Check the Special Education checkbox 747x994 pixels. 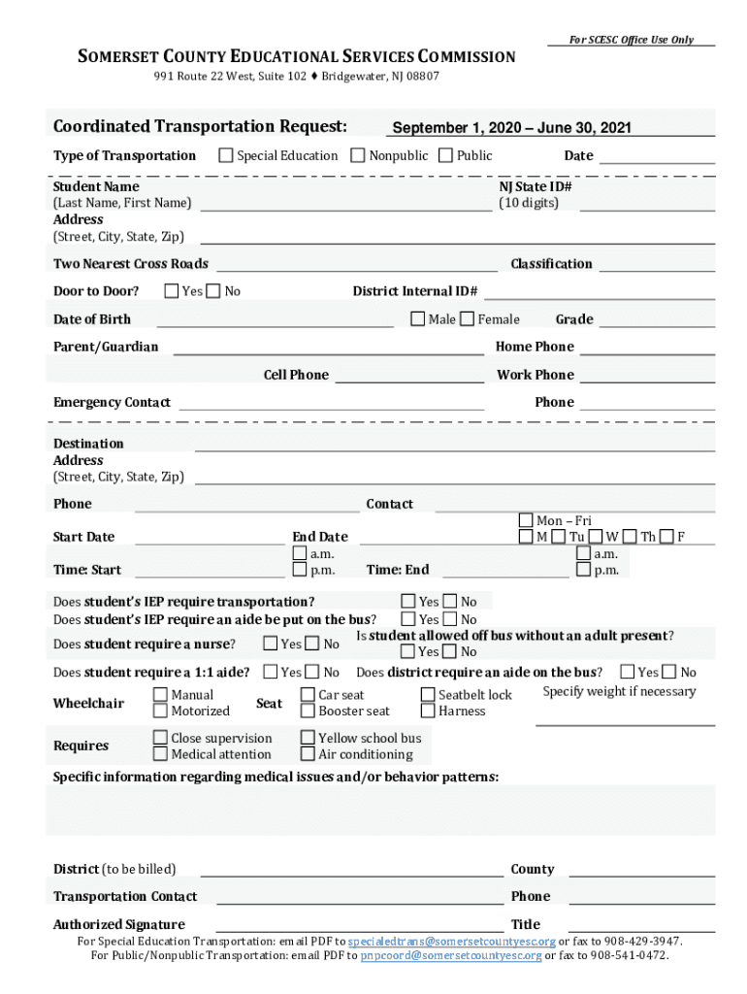[x=226, y=155]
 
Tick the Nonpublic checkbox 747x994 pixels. [x=358, y=155]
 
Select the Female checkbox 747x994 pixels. [x=468, y=318]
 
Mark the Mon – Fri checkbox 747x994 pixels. [x=526, y=521]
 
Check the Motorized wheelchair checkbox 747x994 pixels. [x=160, y=711]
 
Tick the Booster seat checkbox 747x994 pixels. [x=308, y=711]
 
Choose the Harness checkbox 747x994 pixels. [x=428, y=711]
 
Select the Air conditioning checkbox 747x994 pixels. [x=308, y=753]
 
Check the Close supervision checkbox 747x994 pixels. [x=160, y=738]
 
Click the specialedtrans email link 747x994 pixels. [x=451, y=942]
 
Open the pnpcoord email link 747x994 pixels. [x=450, y=955]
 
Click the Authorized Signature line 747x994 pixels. [x=359, y=925]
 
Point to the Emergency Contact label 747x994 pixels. [x=112, y=402]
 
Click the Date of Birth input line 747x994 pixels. [x=275, y=321]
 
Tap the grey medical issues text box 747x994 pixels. [x=380, y=810]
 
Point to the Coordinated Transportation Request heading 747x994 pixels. [x=200, y=126]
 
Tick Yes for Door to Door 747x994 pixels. [x=172, y=290]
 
